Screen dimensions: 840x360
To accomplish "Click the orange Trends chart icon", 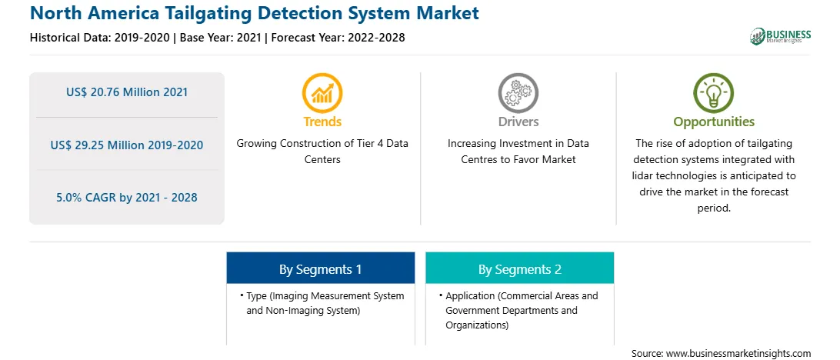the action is (322, 92).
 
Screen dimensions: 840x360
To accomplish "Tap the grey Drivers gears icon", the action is (518, 92).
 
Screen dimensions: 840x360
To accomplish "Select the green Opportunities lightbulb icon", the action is (714, 92).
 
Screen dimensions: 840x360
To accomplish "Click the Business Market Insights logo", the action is (781, 36).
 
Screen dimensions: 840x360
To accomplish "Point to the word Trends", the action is (322, 122).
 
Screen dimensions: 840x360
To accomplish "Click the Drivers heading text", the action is (518, 122).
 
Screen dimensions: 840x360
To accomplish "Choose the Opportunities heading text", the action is (714, 122).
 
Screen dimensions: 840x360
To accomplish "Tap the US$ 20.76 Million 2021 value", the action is (127, 92).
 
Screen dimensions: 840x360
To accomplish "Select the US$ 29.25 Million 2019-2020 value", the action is (127, 145).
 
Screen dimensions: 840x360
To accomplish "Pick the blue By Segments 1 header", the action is (320, 269).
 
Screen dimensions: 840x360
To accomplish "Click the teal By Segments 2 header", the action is (520, 269).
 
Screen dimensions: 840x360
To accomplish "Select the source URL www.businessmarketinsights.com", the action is (738, 353).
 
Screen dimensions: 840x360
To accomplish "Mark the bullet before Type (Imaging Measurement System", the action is (242, 295).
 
